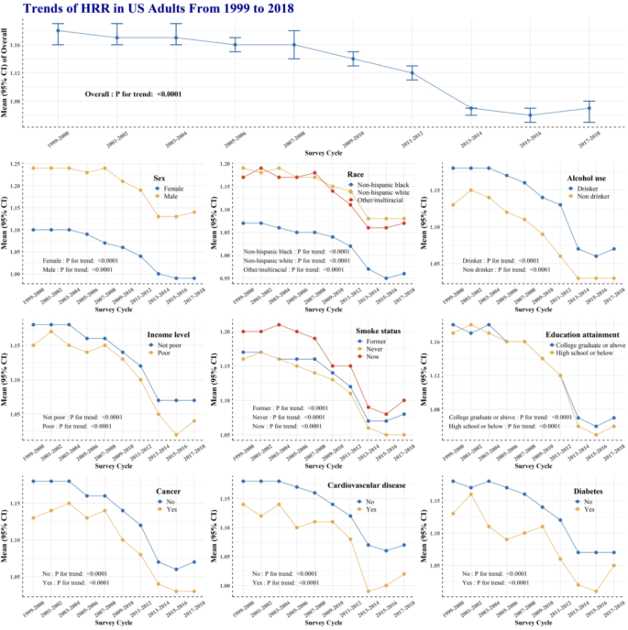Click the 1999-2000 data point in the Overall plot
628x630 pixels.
tap(57, 30)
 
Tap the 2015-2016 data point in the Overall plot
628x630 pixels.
tap(530, 115)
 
